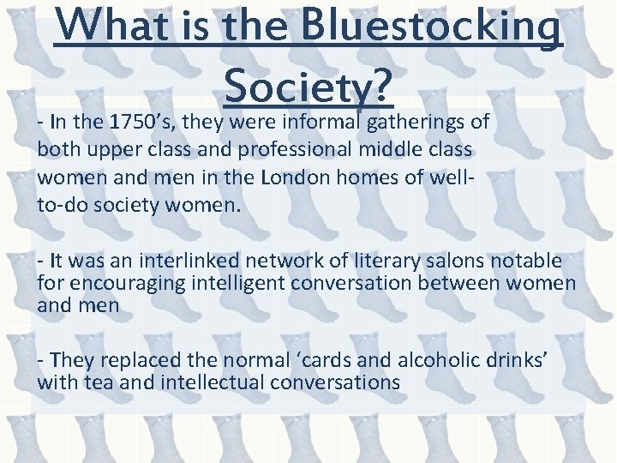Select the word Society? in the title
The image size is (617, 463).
(308, 83)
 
